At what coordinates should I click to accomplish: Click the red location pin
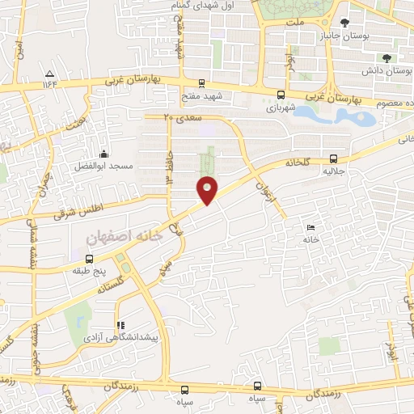tap(208, 189)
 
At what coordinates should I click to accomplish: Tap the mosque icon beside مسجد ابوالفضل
tap(103, 154)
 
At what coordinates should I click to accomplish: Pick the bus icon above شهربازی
tap(281, 94)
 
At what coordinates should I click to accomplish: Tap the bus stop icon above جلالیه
tap(334, 159)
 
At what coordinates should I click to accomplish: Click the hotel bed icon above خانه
tap(311, 227)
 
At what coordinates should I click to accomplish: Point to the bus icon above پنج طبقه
tap(88, 259)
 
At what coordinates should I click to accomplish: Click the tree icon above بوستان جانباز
tap(345, 22)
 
